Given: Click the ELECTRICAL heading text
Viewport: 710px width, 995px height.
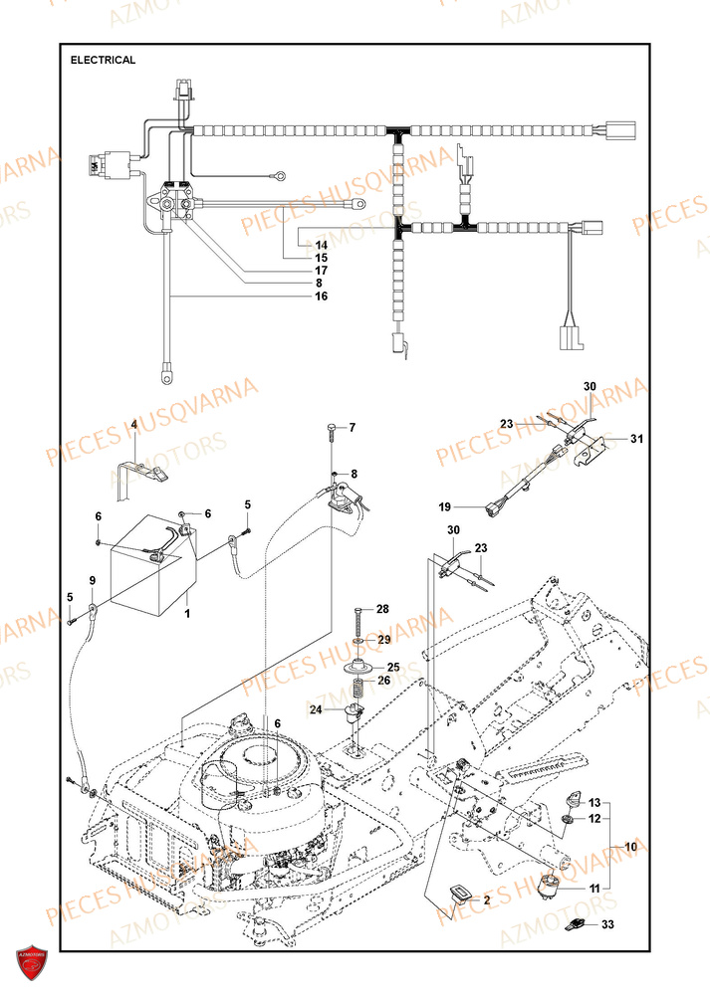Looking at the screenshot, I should point(104,60).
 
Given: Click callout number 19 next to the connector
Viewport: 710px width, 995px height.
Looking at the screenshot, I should point(446,506).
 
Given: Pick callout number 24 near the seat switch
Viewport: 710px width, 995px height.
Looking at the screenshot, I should point(315,709).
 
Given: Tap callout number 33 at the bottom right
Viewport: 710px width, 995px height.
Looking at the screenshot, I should point(606,927).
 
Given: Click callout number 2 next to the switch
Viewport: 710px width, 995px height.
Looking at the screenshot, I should point(488,898).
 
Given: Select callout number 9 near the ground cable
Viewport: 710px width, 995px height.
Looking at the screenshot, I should point(93,580).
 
